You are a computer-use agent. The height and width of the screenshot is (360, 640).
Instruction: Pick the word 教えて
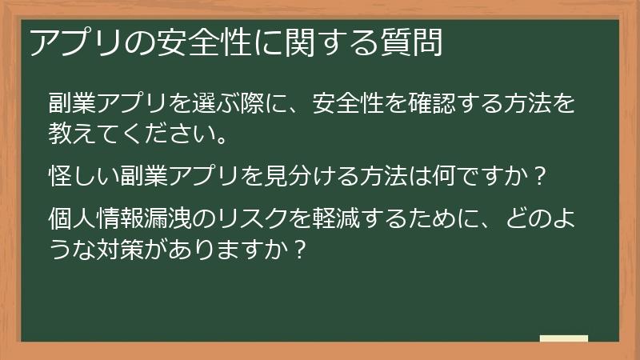85,133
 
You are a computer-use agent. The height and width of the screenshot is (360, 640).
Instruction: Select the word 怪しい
85,174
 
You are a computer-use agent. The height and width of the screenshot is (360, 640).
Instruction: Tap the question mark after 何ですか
538,174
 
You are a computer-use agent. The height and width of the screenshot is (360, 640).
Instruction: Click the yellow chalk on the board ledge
563,338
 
